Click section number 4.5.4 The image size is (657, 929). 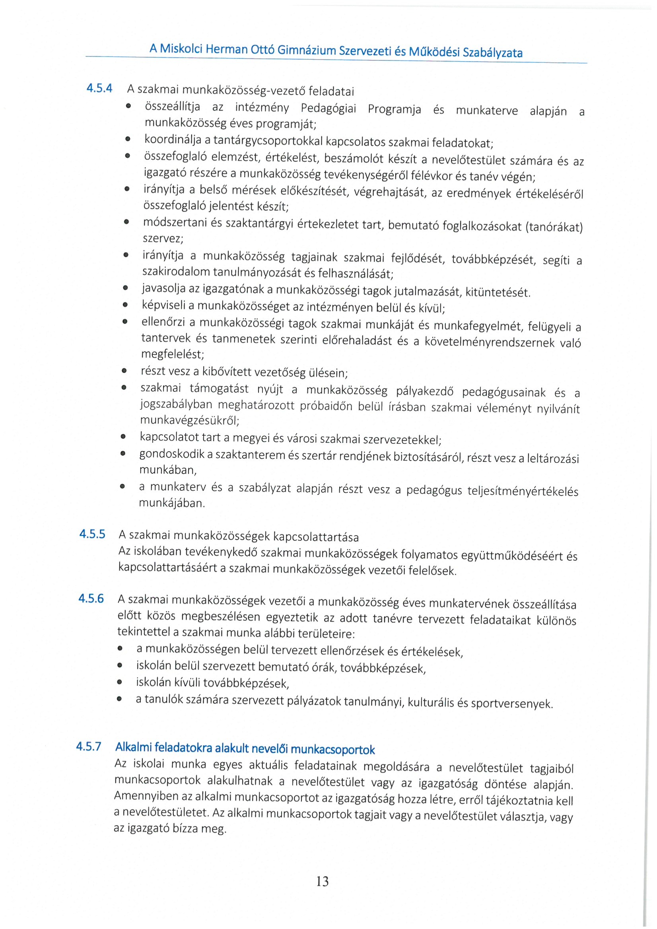[x=99, y=88]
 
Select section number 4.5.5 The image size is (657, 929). [x=92, y=534]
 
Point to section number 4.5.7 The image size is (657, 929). [x=89, y=746]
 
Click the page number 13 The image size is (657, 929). [x=323, y=881]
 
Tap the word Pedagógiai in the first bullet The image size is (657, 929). [x=328, y=109]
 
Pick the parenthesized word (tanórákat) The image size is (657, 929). [x=554, y=227]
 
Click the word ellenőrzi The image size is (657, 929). [x=163, y=322]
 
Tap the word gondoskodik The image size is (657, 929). [x=171, y=454]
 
